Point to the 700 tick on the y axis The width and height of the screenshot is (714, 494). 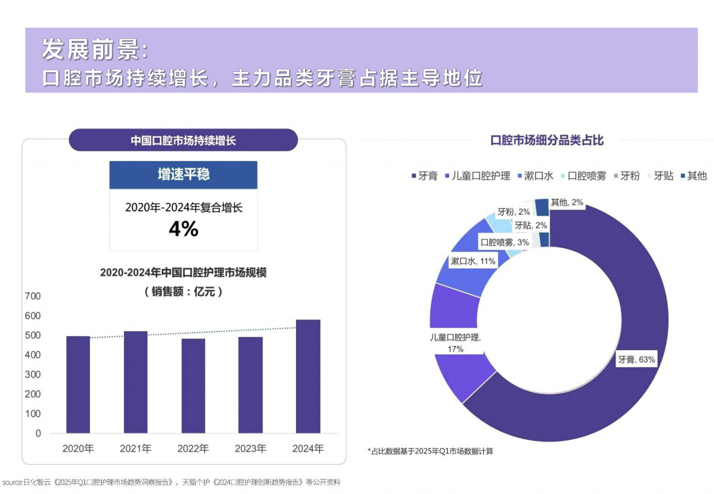pyautogui.click(x=33, y=297)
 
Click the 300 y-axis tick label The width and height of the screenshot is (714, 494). pyautogui.click(x=33, y=375)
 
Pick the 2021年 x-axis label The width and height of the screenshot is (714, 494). pyautogui.click(x=135, y=449)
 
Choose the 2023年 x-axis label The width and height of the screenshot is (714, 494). pyautogui.click(x=250, y=449)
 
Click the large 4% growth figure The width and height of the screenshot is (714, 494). pyautogui.click(x=183, y=229)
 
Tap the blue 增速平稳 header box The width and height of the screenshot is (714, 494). pyautogui.click(x=183, y=175)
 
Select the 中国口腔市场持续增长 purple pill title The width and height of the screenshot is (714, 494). pyautogui.click(x=183, y=140)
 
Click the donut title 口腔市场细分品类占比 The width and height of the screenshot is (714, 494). pyautogui.click(x=546, y=140)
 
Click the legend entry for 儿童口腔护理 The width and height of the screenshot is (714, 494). pyautogui.click(x=477, y=176)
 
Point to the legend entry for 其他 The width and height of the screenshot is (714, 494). pyautogui.click(x=693, y=176)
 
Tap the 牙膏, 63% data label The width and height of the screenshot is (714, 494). pyautogui.click(x=636, y=359)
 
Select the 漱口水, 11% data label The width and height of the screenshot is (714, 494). pyautogui.click(x=473, y=261)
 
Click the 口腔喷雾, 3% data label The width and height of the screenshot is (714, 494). pyautogui.click(x=504, y=242)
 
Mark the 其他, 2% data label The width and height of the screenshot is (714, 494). pyautogui.click(x=567, y=202)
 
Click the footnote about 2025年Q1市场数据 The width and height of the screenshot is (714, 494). pyautogui.click(x=430, y=451)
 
